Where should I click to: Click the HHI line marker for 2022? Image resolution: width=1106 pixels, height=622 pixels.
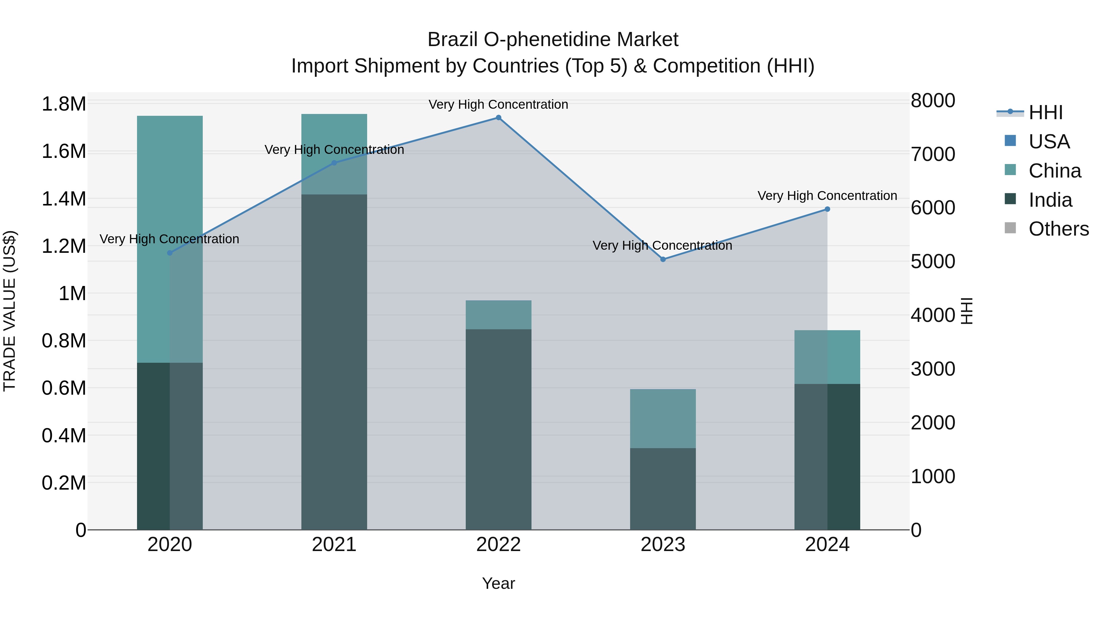tap(499, 118)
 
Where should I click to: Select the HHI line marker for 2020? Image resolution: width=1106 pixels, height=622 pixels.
tap(170, 253)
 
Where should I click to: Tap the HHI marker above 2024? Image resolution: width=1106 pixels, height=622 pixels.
tap(827, 209)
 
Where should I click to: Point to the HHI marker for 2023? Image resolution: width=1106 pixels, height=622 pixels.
tap(663, 259)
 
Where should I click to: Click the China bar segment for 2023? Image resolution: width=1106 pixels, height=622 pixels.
tap(663, 419)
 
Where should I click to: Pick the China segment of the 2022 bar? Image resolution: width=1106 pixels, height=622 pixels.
tap(499, 315)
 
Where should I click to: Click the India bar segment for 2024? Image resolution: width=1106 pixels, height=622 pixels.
tap(827, 457)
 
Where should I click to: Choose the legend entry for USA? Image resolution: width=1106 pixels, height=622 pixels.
tap(1049, 142)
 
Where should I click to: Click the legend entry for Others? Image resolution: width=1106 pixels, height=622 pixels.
tap(1058, 229)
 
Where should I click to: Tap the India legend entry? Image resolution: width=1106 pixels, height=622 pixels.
tap(1050, 200)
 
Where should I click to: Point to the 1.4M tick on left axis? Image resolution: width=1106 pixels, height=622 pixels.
tap(64, 199)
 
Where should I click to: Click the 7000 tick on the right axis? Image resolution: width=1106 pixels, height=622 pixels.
tap(933, 154)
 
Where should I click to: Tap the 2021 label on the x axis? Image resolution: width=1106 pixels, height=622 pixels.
tap(334, 545)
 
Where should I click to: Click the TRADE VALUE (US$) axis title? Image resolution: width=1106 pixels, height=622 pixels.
tap(10, 311)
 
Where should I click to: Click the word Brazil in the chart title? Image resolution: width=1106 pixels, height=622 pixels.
tap(453, 40)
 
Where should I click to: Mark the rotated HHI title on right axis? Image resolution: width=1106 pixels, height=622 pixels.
tap(967, 311)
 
